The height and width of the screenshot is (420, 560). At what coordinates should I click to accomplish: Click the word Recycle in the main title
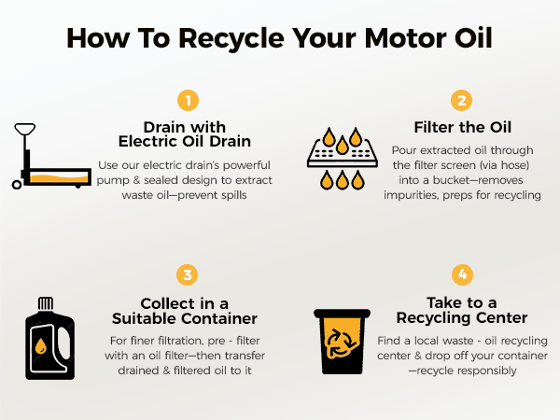[x=231, y=38]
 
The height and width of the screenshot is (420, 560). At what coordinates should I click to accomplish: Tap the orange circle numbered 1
[x=188, y=101]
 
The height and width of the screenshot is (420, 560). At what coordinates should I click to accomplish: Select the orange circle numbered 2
[x=461, y=101]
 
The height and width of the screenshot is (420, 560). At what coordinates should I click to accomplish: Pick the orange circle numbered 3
[x=188, y=274]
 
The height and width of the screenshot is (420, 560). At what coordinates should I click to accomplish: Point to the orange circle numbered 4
[x=462, y=274]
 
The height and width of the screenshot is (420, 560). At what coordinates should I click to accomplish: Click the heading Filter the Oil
[x=463, y=127]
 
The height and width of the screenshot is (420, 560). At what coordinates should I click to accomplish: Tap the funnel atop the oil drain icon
[x=24, y=129]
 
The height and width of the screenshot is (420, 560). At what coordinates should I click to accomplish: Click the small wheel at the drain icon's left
[x=17, y=185]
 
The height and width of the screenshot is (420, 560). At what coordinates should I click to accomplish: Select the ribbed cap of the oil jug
[x=46, y=303]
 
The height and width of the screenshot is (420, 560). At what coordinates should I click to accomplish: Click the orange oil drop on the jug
[x=40, y=346]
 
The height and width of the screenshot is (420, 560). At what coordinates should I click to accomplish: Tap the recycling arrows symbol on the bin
[x=341, y=343]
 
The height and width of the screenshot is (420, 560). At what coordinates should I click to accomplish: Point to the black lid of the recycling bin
[x=342, y=314]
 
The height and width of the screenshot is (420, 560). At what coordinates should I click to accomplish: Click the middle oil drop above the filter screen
[x=343, y=145]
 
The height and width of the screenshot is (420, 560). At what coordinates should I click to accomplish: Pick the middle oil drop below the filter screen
[x=343, y=179]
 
